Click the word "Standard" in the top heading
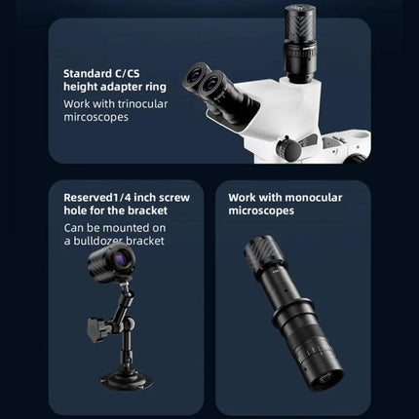(x=86, y=74)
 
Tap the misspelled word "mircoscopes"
(x=96, y=117)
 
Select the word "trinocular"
(x=143, y=104)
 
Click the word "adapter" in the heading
(x=121, y=87)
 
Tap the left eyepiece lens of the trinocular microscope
(x=197, y=77)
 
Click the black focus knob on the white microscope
(x=288, y=149)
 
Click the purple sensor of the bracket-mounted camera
(x=120, y=259)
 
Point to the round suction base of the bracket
(x=127, y=380)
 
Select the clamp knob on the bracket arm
(x=95, y=329)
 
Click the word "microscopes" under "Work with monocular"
(x=261, y=210)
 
